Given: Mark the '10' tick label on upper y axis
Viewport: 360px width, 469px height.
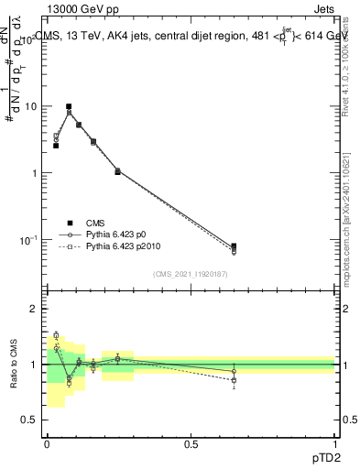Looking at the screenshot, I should pos(30,106).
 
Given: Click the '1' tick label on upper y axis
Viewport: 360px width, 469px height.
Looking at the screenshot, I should pos(35,173).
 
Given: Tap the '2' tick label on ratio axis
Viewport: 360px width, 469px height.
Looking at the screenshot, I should pos(35,310).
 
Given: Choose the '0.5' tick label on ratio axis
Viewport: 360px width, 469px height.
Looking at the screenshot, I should pos(29,420).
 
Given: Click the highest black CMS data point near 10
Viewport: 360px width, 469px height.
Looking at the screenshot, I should pos(69,106).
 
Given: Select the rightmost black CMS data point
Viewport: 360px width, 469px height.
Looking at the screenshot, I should pos(234,246).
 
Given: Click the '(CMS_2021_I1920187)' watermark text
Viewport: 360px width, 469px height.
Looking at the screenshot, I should pos(191,274).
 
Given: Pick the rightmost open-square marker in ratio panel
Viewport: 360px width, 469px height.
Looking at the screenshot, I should pos(234,379).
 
